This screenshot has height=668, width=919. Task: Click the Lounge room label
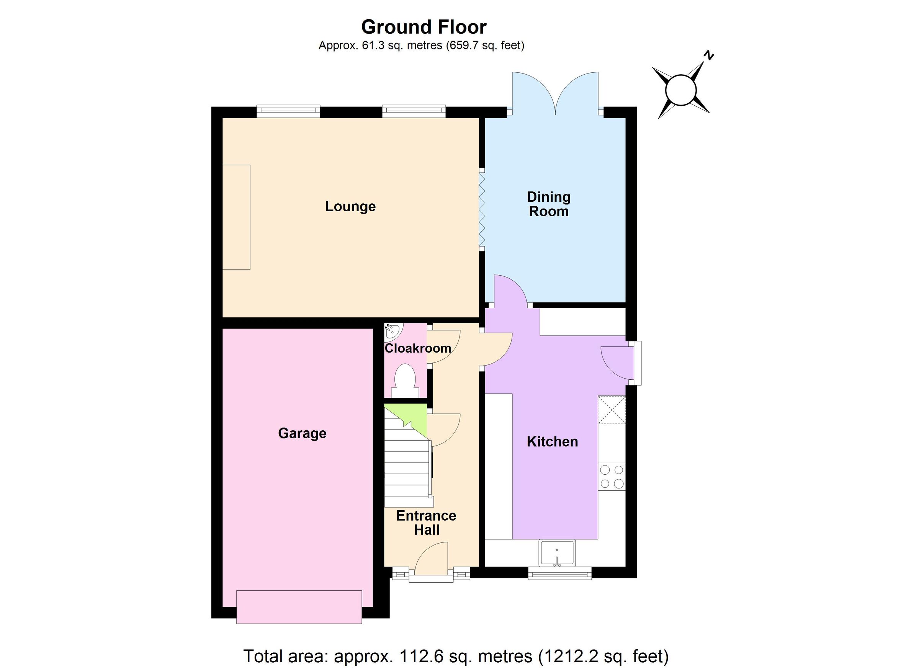click(350, 207)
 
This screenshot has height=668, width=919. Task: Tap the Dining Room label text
click(548, 204)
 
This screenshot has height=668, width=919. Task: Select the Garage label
click(302, 433)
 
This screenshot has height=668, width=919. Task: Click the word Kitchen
click(552, 441)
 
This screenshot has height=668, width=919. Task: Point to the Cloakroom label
click(417, 348)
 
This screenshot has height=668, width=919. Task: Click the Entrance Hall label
click(426, 523)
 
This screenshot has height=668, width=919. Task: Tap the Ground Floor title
click(424, 27)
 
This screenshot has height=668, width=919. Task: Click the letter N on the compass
click(708, 56)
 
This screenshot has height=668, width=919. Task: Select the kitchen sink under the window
click(557, 553)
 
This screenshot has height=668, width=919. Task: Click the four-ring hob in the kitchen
click(612, 477)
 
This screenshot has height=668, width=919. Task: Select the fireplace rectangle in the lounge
click(236, 217)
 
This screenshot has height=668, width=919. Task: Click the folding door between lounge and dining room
click(482, 210)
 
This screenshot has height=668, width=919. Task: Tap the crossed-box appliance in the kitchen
click(612, 410)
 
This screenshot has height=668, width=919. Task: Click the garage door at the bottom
click(299, 607)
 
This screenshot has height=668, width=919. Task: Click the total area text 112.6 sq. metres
click(455, 655)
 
